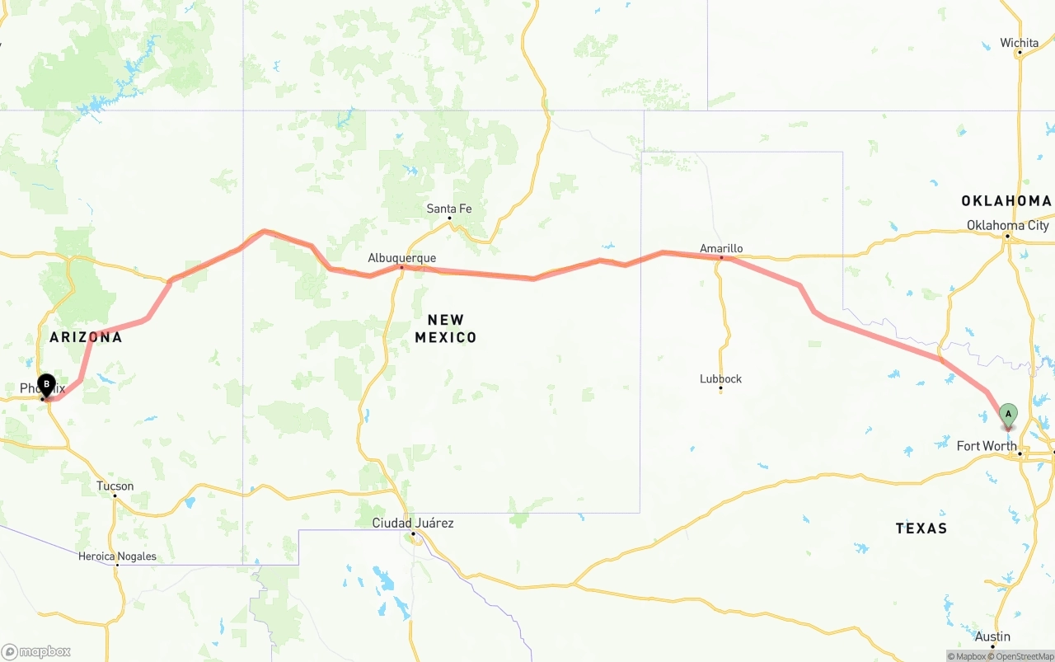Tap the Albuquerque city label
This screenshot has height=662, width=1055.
pyautogui.click(x=401, y=258)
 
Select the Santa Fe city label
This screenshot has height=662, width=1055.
pyautogui.click(x=448, y=209)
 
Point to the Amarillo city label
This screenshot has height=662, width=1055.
pyautogui.click(x=721, y=248)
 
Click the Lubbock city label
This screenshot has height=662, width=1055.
pyautogui.click(x=720, y=379)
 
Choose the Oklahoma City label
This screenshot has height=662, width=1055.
pyautogui.click(x=1007, y=225)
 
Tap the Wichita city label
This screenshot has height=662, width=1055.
pyautogui.click(x=1019, y=43)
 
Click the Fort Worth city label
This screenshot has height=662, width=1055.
pyautogui.click(x=986, y=446)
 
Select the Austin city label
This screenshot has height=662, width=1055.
pyautogui.click(x=992, y=636)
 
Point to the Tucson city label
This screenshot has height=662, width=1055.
pyautogui.click(x=115, y=486)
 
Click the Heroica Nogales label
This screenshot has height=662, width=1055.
pyautogui.click(x=117, y=556)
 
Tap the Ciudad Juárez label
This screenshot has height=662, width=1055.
pyautogui.click(x=412, y=523)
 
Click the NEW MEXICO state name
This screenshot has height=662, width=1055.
pyautogui.click(x=445, y=328)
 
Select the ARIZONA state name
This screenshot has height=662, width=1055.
pyautogui.click(x=86, y=337)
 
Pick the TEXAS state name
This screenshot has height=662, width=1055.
pyautogui.click(x=921, y=528)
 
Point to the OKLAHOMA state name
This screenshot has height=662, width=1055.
pyautogui.click(x=1006, y=201)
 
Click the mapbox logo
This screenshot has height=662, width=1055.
pyautogui.click(x=36, y=651)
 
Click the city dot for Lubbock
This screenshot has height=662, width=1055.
pyautogui.click(x=720, y=390)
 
